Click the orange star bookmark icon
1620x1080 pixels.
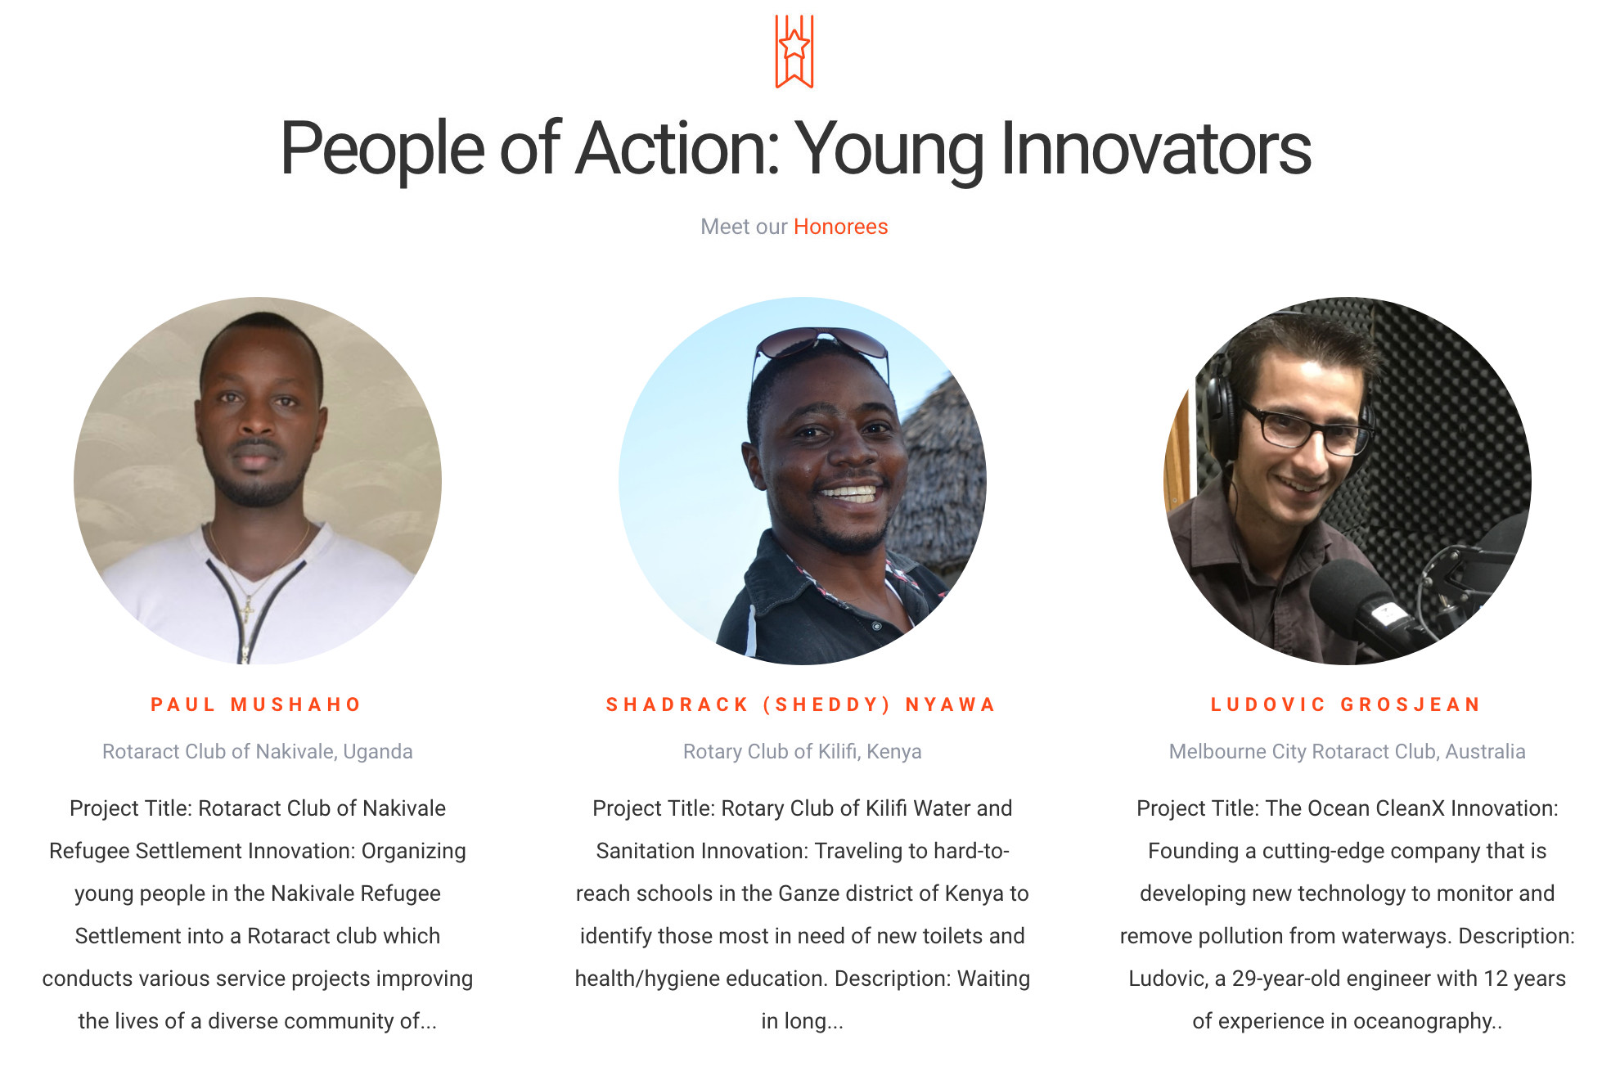(794, 52)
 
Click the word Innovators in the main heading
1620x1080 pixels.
(1156, 148)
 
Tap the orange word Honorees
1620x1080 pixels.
(840, 227)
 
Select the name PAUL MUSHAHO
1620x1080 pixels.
(256, 704)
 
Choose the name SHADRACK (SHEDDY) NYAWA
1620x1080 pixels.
(801, 704)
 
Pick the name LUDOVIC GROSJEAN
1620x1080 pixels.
(1346, 704)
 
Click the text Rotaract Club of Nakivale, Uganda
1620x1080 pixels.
(258, 751)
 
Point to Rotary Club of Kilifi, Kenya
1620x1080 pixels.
(803, 751)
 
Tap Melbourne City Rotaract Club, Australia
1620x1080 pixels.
(1348, 751)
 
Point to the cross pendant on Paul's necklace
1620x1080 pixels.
(246, 609)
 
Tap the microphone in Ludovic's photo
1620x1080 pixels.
(1358, 605)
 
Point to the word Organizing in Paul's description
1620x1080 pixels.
(414, 852)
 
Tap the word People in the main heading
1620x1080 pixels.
(383, 150)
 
